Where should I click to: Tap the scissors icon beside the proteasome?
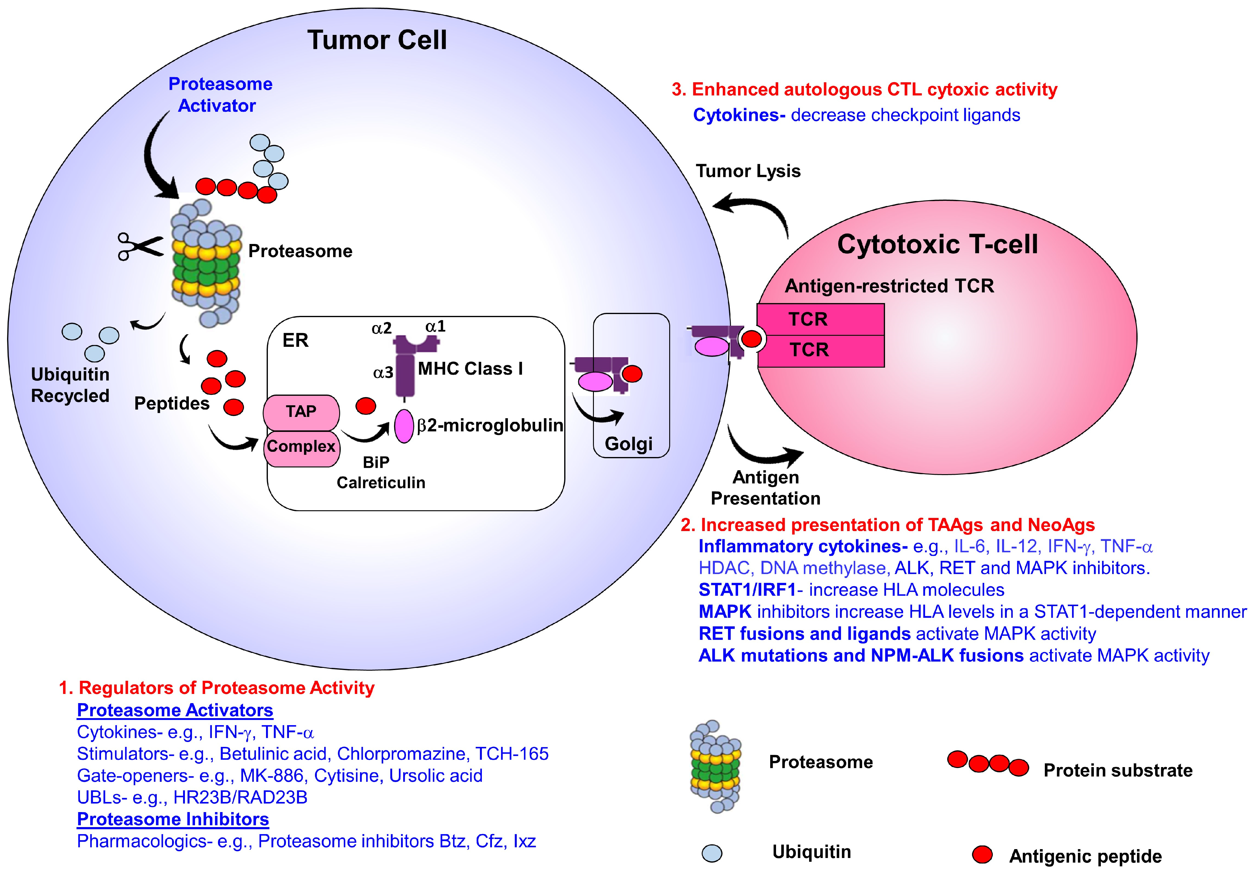tap(140, 247)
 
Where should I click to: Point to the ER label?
tap(295, 340)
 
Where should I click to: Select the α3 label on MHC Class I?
tap(383, 373)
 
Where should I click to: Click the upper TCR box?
tap(820, 319)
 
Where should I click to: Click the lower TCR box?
tap(820, 350)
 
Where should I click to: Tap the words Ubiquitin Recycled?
tap(70, 385)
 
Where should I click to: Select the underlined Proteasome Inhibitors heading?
tap(173, 819)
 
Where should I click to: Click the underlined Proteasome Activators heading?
tap(174, 710)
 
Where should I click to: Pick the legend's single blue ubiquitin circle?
tap(712, 853)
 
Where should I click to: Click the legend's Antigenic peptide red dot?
tap(982, 854)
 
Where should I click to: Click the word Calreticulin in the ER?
tap(381, 482)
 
